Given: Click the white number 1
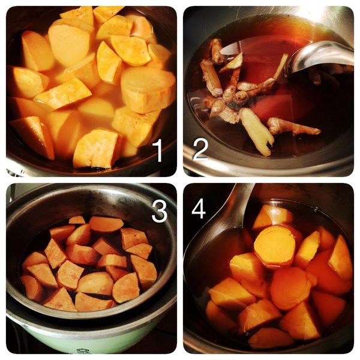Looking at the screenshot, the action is click(x=158, y=151).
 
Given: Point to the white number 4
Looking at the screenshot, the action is click(x=199, y=210).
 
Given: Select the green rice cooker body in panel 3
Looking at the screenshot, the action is click(x=92, y=335).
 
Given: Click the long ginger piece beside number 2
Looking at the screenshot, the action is click(x=257, y=131).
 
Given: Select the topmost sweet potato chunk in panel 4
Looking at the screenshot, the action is click(x=271, y=217).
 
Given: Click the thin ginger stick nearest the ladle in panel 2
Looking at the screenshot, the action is click(x=281, y=66).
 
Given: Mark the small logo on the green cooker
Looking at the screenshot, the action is click(x=81, y=351).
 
